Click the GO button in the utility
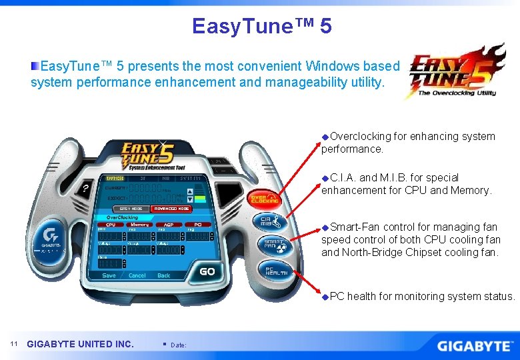tap(207, 271)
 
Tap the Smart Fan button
tap(272, 245)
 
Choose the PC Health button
tap(275, 269)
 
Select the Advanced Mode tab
tap(171, 208)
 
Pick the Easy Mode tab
tap(131, 208)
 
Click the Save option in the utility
tap(109, 275)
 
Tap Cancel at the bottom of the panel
tap(137, 275)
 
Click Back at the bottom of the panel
tap(163, 275)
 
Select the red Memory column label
tap(139, 225)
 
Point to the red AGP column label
tap(169, 225)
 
